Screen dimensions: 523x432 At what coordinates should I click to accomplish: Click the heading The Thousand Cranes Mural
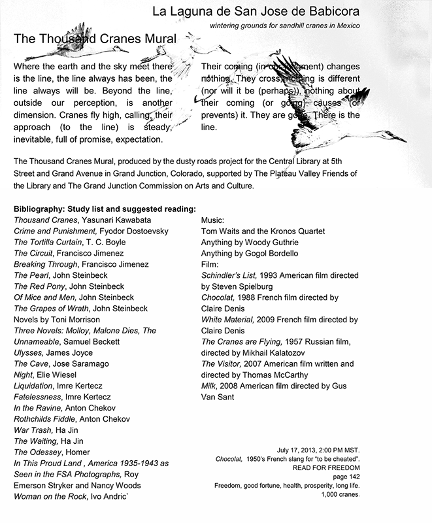click(x=95, y=39)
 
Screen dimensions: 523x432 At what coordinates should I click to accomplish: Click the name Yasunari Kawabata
click(x=123, y=220)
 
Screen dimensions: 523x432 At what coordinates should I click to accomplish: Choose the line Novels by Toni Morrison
click(x=57, y=320)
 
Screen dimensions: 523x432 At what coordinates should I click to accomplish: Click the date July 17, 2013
click(x=306, y=450)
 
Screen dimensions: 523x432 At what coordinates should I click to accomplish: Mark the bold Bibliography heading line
click(x=105, y=209)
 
